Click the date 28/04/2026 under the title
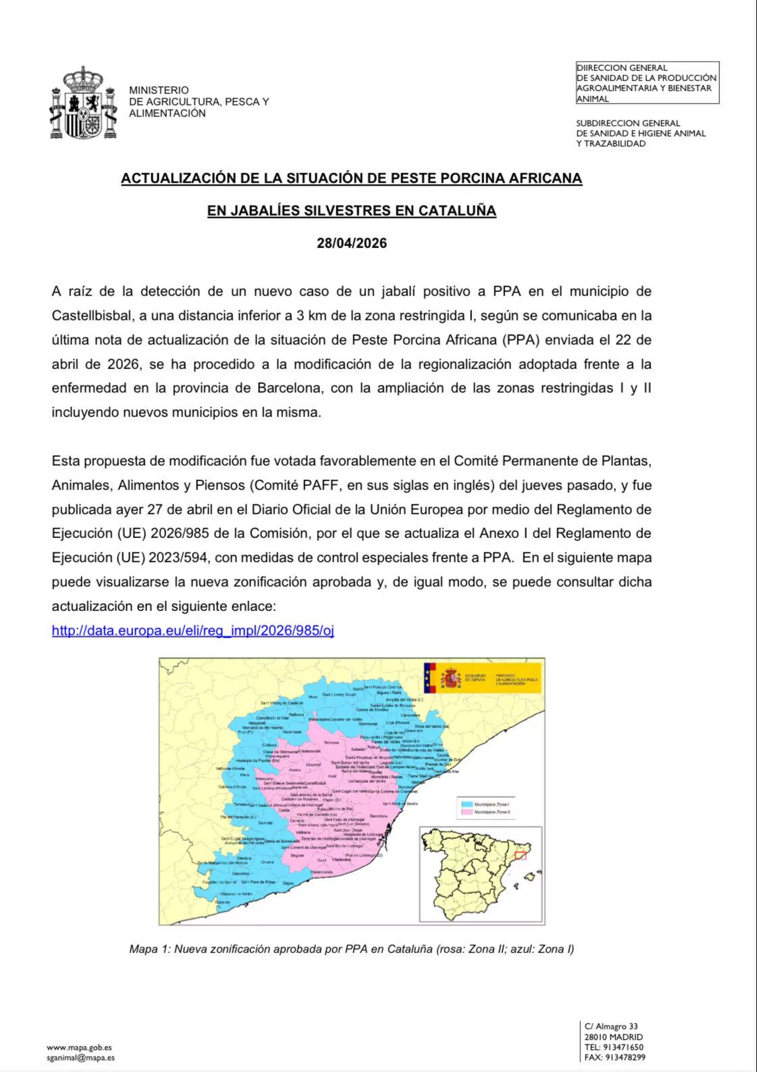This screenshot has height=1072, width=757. (x=352, y=243)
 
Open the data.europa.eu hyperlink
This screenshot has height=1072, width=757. (x=192, y=631)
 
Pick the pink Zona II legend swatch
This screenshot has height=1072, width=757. (x=465, y=812)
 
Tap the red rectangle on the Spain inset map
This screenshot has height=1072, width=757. (x=520, y=856)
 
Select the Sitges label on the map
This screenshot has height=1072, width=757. (x=288, y=883)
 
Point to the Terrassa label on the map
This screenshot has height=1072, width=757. (x=332, y=742)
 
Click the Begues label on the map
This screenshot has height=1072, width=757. (x=297, y=855)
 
